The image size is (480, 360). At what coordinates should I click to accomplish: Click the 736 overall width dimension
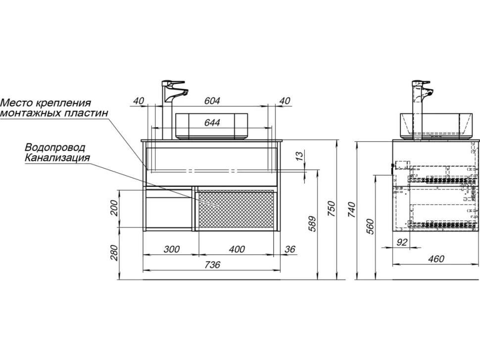(x=212, y=264)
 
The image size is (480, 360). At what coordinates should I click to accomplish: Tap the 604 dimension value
(x=212, y=100)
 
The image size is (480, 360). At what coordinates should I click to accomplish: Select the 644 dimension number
(x=212, y=122)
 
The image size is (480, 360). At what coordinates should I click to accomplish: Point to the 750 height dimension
(x=332, y=209)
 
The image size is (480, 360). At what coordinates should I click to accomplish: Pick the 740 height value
(x=352, y=210)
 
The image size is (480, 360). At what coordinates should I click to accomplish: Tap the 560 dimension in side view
(x=370, y=226)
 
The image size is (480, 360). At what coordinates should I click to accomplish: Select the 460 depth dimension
(x=436, y=259)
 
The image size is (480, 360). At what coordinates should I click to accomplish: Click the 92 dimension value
(x=402, y=242)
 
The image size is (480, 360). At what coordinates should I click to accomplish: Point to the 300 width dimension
(x=171, y=249)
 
